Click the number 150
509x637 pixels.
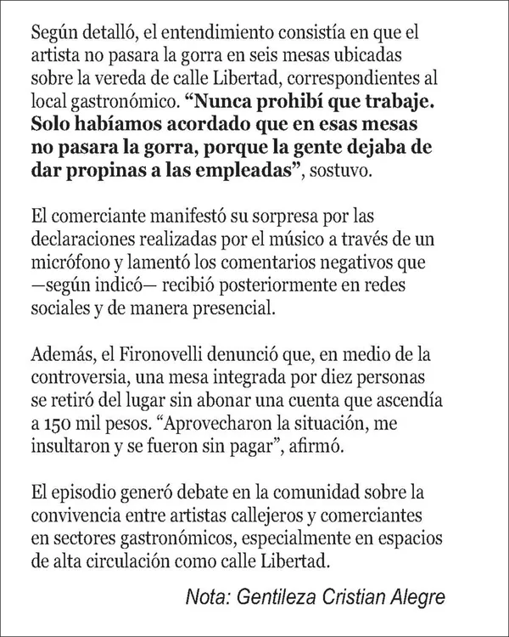coord(59,423)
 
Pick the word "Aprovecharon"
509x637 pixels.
coord(204,423)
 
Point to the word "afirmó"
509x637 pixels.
coord(321,446)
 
